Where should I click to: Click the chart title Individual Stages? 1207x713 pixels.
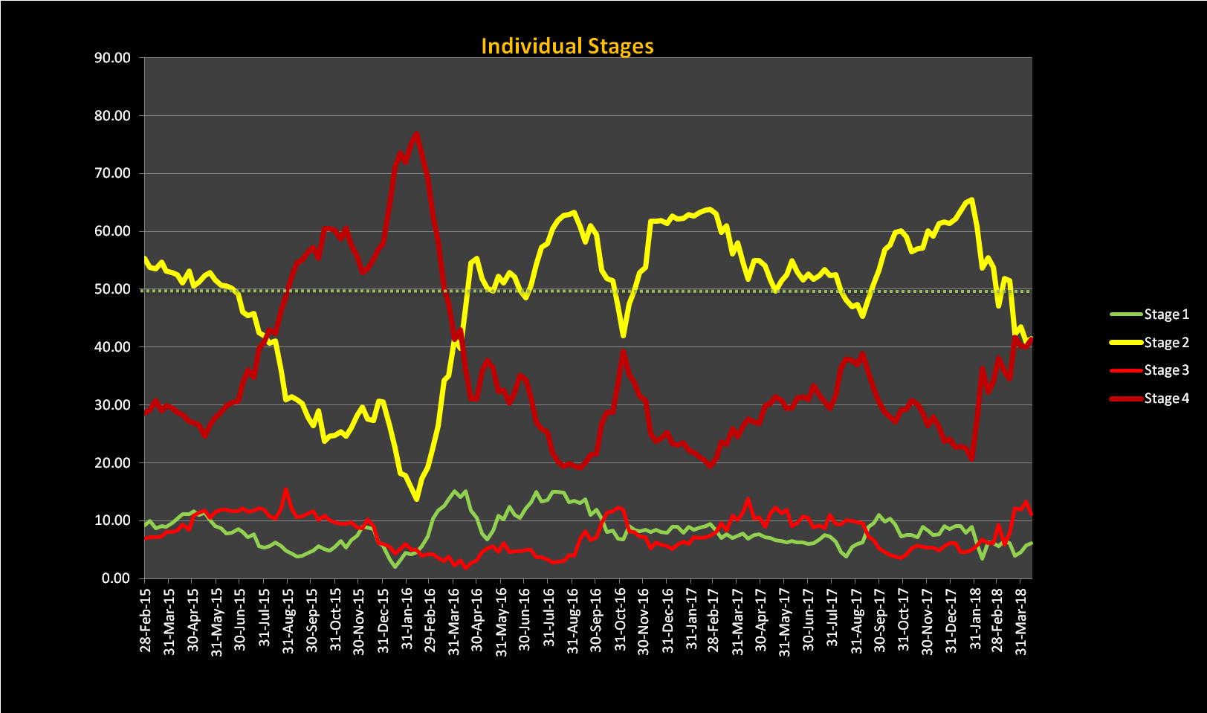(x=567, y=46)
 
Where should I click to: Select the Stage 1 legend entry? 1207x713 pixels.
(x=1165, y=314)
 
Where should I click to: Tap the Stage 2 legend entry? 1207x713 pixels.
(x=1165, y=343)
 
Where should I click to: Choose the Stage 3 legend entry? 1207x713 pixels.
(x=1165, y=370)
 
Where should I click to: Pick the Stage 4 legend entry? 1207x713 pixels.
(x=1165, y=399)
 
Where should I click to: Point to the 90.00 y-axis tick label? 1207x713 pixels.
(x=112, y=58)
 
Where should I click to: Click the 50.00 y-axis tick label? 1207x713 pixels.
(x=112, y=289)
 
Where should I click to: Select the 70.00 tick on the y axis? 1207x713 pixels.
(x=112, y=173)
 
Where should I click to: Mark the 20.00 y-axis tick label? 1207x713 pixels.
(x=112, y=462)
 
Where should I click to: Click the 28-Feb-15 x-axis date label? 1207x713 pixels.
(x=145, y=620)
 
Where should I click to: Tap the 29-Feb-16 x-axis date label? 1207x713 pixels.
(x=430, y=620)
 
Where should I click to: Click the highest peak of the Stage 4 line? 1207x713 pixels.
(x=416, y=134)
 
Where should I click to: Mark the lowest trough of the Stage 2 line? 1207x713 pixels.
(x=416, y=499)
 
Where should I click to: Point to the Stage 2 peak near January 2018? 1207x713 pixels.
(x=972, y=199)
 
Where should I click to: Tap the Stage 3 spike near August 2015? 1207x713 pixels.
(x=286, y=490)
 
